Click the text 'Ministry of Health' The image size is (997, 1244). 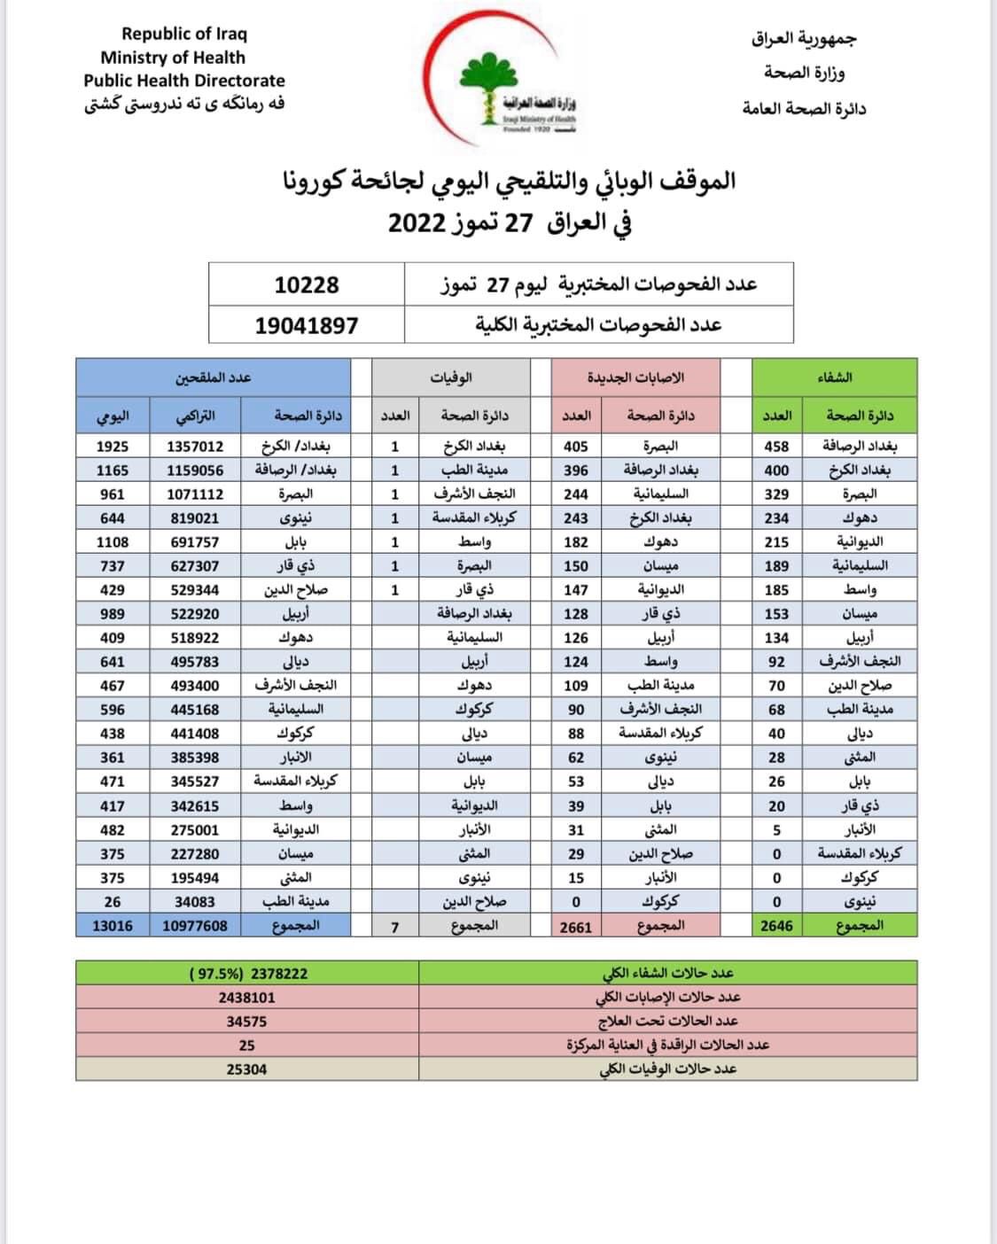(173, 58)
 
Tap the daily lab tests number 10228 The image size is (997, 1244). (307, 284)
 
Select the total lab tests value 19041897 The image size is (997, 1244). (307, 325)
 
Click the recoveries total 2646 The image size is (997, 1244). (776, 926)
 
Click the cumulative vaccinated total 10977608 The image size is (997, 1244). (195, 926)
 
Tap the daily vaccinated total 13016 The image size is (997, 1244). (113, 926)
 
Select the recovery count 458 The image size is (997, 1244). (776, 447)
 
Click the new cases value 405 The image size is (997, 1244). (576, 447)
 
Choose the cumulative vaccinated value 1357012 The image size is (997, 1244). (195, 447)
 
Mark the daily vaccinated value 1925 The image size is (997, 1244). (113, 447)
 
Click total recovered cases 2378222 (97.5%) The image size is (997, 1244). (249, 973)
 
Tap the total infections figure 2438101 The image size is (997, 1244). (246, 997)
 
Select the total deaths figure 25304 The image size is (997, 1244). (246, 1069)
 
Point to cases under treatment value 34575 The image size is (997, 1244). (246, 1021)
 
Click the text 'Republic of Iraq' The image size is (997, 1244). (184, 34)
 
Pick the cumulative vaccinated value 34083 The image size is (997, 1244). (195, 902)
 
